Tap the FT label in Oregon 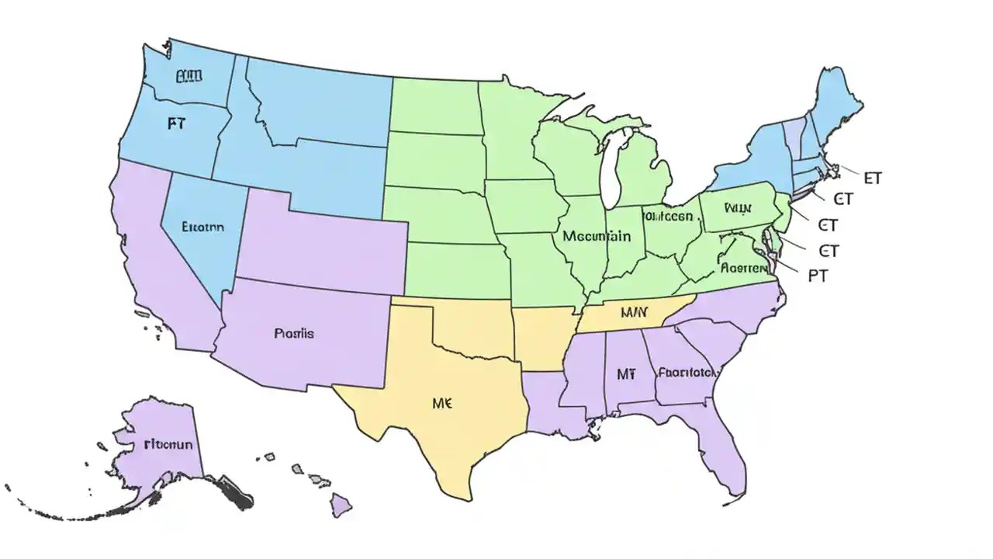click(x=176, y=123)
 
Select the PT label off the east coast click(x=818, y=276)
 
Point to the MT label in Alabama click(x=626, y=374)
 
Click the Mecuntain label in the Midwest click(x=597, y=236)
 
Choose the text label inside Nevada click(x=202, y=227)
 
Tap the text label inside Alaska click(x=168, y=445)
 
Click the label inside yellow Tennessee click(x=634, y=313)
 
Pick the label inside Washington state click(x=189, y=76)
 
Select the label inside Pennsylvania click(x=738, y=208)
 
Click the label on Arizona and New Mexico click(x=294, y=334)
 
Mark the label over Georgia click(x=686, y=372)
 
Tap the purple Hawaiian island click(x=341, y=505)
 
